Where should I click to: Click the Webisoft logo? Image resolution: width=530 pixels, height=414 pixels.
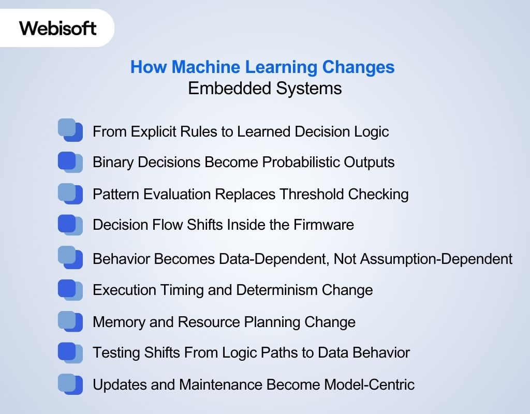tap(57, 28)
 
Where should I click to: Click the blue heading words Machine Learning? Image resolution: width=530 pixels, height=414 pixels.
tap(246, 67)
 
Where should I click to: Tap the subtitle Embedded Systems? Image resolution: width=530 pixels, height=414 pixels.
tap(264, 88)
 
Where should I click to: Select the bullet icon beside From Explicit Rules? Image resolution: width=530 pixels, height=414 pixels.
tap(70, 130)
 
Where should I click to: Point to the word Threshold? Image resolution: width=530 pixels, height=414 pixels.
tap(312, 194)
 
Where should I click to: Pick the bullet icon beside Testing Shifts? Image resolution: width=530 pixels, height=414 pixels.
tap(70, 353)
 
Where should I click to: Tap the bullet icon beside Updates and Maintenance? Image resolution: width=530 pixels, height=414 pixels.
tap(70, 385)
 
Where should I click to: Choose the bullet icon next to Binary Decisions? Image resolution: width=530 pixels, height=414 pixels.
tap(70, 162)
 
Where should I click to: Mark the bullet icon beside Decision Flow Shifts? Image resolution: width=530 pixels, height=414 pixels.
tap(70, 225)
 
